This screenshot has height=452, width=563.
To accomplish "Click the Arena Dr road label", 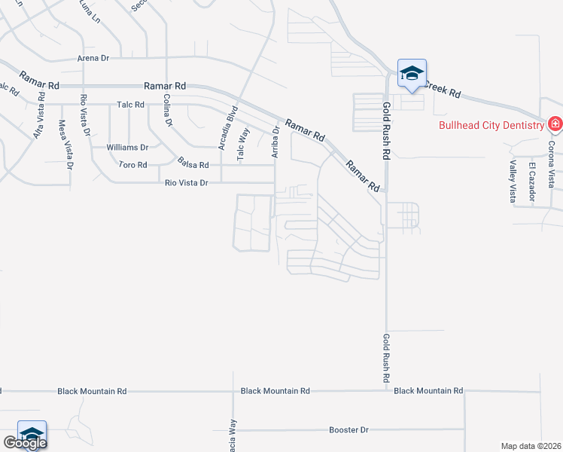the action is [x=93, y=57].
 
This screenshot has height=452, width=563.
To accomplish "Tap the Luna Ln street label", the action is [x=90, y=11].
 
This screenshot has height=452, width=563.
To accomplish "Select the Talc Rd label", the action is [x=130, y=104].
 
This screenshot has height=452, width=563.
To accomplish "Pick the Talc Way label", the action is [x=242, y=144].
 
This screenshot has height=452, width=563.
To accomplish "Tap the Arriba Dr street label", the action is [x=275, y=141].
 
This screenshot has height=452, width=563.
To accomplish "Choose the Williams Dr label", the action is [x=127, y=147].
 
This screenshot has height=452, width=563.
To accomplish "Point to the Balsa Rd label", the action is [x=193, y=163].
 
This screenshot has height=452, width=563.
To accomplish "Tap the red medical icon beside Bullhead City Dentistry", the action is [x=555, y=124].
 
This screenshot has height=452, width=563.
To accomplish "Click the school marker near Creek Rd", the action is [x=412, y=74].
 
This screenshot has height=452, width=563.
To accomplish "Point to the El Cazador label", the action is [x=531, y=181].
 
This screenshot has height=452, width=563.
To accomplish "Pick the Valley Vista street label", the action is [x=513, y=182].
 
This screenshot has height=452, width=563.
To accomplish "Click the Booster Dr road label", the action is [x=348, y=430].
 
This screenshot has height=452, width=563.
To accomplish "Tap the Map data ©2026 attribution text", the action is [x=531, y=446].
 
